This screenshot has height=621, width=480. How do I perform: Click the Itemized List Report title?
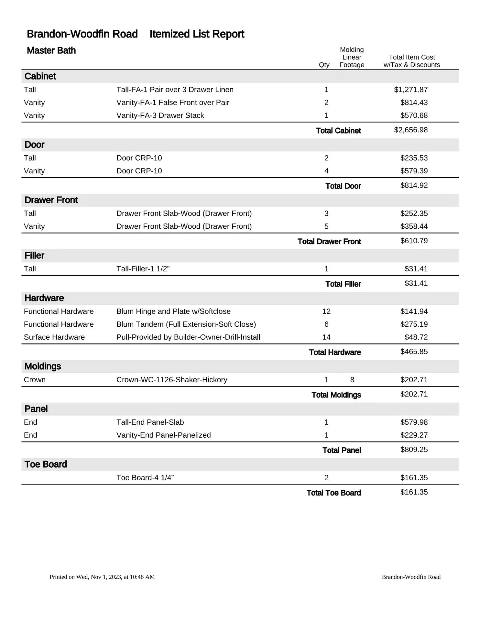(197, 34)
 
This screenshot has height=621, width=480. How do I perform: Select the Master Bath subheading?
(51, 50)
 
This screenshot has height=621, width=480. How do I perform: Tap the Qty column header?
(324, 65)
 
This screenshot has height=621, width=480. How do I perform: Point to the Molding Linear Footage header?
(352, 57)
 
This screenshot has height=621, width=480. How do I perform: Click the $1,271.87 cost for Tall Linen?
(410, 90)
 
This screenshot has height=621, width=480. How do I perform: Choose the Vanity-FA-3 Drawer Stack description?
(160, 115)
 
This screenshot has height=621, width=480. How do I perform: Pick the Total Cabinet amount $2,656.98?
(410, 130)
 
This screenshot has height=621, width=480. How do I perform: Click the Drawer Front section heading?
(51, 200)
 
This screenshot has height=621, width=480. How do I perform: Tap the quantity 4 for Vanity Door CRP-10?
(326, 171)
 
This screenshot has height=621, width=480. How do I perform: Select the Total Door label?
(343, 186)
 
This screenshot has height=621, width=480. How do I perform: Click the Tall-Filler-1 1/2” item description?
(143, 269)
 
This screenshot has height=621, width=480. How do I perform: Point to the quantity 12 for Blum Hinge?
(326, 311)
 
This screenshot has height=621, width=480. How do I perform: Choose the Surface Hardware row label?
(54, 337)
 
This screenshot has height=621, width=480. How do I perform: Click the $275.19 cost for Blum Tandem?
(414, 324)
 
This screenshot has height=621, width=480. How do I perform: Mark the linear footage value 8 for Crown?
(352, 380)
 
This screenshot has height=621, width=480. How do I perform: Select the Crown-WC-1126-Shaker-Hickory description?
(172, 380)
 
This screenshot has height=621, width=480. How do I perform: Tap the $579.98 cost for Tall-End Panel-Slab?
(414, 422)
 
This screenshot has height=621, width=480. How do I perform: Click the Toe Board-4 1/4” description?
(145, 478)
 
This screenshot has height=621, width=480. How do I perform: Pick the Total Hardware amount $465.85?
(414, 352)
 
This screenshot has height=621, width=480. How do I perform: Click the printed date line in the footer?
(102, 577)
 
